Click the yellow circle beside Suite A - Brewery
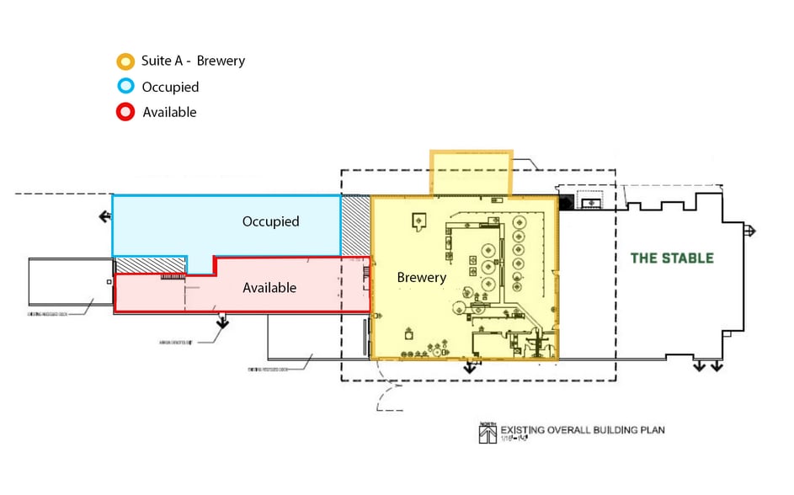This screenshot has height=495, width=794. [125, 61]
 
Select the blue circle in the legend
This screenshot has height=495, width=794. [125, 87]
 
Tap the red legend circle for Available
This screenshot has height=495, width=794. [125, 112]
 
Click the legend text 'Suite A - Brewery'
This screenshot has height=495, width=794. [193, 61]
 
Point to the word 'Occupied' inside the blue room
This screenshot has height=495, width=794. [270, 221]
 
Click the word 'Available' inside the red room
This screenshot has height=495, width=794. [269, 288]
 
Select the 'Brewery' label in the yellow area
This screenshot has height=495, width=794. [421, 277]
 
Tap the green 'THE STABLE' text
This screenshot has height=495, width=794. [672, 258]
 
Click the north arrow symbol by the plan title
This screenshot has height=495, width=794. [486, 433]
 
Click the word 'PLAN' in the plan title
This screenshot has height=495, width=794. [651, 429]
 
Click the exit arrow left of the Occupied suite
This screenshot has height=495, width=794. [104, 216]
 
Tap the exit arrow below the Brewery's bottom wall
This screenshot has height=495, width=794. [470, 367]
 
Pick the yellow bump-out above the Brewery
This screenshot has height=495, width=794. [471, 173]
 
